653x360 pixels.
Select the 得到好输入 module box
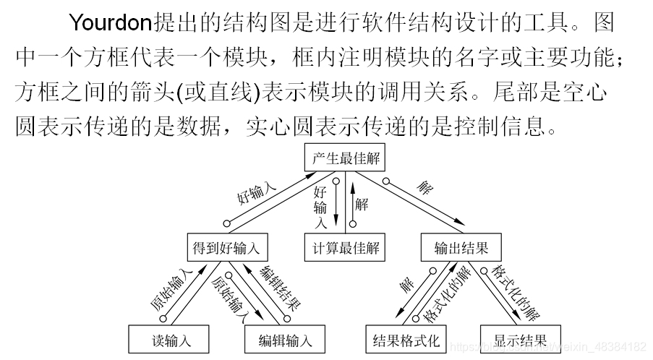(x=226, y=248)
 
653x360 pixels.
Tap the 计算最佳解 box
(x=345, y=248)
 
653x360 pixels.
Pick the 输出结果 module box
(x=461, y=248)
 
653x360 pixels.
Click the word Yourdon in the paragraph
(x=111, y=23)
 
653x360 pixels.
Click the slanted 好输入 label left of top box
(x=256, y=193)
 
